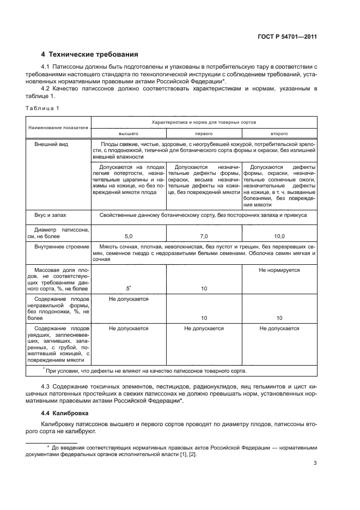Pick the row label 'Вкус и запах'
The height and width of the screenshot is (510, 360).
(x=49, y=216)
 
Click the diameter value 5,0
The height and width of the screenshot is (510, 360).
(x=129, y=236)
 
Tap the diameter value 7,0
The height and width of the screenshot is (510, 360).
(x=204, y=236)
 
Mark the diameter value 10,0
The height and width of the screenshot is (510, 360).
(x=279, y=236)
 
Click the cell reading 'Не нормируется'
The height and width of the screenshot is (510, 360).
(x=279, y=270)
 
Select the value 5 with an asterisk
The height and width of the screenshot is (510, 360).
(x=129, y=288)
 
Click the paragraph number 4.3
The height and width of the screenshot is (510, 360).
(x=46, y=386)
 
